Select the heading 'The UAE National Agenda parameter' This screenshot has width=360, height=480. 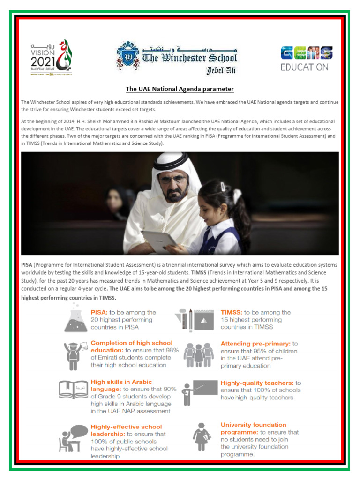click(x=180, y=89)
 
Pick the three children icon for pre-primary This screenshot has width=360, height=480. click(x=198, y=354)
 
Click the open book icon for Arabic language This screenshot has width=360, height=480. click(x=73, y=390)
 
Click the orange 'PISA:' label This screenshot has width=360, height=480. click(x=99, y=312)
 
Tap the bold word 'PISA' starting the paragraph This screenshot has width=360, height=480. click(x=27, y=265)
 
